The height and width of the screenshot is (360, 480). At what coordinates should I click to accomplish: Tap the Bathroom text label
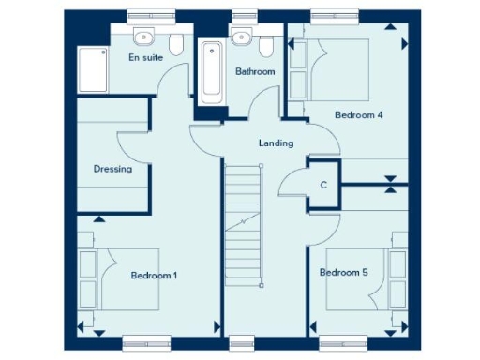point(254,71)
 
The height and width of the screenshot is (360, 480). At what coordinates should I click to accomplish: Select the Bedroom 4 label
point(360,115)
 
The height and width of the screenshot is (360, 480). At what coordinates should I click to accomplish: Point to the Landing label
point(277,143)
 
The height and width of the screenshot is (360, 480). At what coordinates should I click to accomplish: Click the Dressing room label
point(112,170)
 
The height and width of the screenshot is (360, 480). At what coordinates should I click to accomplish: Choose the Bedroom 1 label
point(154,276)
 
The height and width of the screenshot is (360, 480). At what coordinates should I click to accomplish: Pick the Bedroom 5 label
point(343,273)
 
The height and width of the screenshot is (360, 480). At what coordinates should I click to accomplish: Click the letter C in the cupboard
point(323,185)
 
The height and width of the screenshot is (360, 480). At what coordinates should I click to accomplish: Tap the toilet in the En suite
point(175,44)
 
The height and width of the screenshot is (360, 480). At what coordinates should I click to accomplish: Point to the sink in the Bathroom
point(241,38)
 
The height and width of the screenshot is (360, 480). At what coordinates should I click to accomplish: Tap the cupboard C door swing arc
point(293,185)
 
